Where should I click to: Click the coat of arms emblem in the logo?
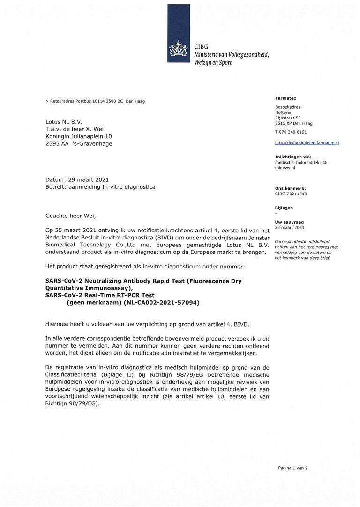[x=179, y=50]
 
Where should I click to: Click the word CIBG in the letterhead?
[x=202, y=46]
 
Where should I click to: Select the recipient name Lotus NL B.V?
[x=64, y=122]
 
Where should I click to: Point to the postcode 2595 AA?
[x=56, y=144]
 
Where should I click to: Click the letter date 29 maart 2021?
[x=86, y=179]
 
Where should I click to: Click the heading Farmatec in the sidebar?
[x=285, y=98]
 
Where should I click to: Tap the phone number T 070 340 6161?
[x=291, y=132]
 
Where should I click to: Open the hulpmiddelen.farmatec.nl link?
[x=307, y=142]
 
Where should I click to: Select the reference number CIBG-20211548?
[x=291, y=194]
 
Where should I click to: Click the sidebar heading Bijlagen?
[x=284, y=208]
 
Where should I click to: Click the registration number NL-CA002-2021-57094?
[x=158, y=303]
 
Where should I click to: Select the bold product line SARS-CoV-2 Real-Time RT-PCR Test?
[x=100, y=295]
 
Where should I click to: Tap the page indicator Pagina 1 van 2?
[x=293, y=468]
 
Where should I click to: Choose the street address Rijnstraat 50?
[x=288, y=118]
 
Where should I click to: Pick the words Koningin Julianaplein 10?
[x=79, y=136]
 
